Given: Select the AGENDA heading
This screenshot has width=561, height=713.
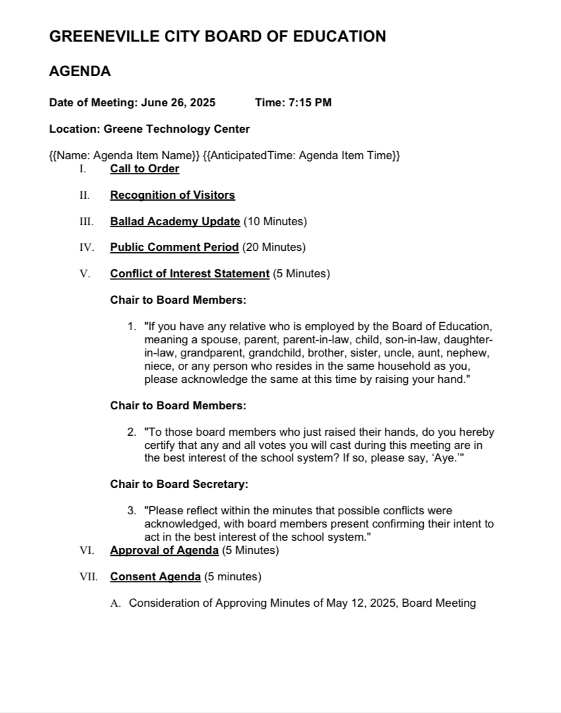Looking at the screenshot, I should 80,71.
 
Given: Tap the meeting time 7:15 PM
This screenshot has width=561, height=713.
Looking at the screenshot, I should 310,102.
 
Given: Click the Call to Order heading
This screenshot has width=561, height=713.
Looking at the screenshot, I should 145,168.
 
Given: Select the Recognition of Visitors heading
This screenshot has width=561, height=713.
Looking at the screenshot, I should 172,195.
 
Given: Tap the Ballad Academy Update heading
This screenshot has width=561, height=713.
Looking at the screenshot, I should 175,221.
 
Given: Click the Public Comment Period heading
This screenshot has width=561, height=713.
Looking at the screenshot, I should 174,248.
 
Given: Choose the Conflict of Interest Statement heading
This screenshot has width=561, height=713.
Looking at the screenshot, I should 189,273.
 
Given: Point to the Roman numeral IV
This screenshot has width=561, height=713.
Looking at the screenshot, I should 86,248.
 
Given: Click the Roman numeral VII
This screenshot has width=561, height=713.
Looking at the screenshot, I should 88,577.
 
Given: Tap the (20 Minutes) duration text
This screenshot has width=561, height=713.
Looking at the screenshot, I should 274,248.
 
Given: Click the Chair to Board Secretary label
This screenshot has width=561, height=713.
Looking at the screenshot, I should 179,485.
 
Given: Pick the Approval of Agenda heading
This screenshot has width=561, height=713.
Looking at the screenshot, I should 164,551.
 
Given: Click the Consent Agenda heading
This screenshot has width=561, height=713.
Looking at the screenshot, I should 155,577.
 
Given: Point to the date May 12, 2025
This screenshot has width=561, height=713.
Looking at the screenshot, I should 362,603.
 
